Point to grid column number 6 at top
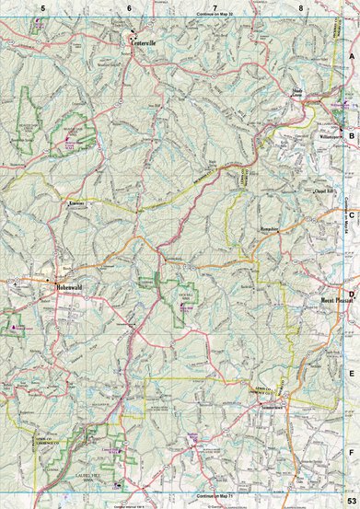point(129,7)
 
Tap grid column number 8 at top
point(301,7)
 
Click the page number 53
point(351,500)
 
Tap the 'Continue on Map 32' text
point(215,17)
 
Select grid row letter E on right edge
point(352,374)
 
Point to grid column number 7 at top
point(215,7)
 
